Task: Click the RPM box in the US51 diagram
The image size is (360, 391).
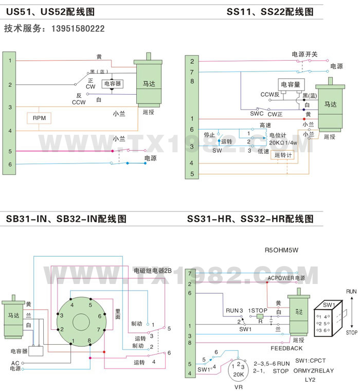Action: coord(39,118)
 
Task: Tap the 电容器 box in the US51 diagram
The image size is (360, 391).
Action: coord(112,83)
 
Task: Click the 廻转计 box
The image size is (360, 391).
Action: coord(283,155)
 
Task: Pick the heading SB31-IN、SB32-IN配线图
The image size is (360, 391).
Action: coord(66,218)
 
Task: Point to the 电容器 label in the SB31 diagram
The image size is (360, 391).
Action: coord(19,351)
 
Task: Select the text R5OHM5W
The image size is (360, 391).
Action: coord(281,251)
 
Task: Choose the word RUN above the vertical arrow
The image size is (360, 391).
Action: coord(351,291)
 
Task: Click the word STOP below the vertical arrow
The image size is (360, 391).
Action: coord(351,333)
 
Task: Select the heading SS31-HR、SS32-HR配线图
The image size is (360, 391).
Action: coord(250,218)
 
